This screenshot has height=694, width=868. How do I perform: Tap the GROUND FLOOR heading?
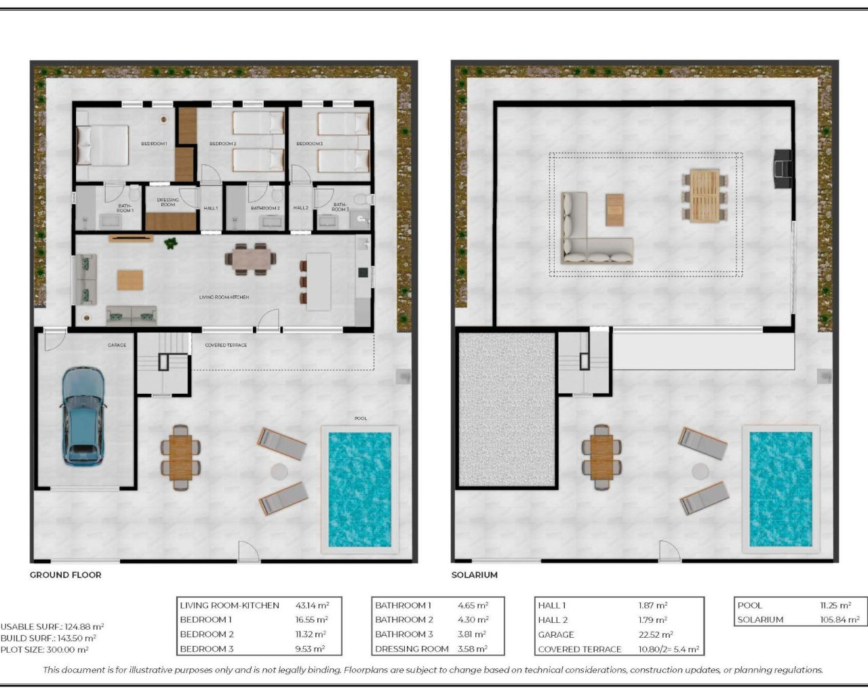(65, 575)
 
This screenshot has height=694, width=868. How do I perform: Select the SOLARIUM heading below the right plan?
(475, 575)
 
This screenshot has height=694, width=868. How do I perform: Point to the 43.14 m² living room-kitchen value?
(313, 605)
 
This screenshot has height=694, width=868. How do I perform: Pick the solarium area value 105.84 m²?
(839, 619)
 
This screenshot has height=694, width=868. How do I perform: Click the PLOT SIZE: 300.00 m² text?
(45, 649)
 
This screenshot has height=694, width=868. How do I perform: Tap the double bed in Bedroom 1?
(102, 145)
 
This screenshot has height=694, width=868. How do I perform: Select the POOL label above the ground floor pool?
(361, 418)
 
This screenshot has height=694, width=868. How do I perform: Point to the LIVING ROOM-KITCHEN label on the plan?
(224, 297)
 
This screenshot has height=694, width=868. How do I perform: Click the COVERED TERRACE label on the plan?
(226, 345)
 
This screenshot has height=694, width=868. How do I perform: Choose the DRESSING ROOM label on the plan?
(167, 202)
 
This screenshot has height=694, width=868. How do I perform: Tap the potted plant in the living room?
(170, 243)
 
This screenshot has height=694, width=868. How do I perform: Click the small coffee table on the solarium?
(614, 209)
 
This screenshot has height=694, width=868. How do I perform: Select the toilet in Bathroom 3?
(367, 199)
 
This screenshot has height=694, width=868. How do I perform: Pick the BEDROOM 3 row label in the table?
(206, 649)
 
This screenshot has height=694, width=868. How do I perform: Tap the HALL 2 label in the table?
(553, 619)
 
